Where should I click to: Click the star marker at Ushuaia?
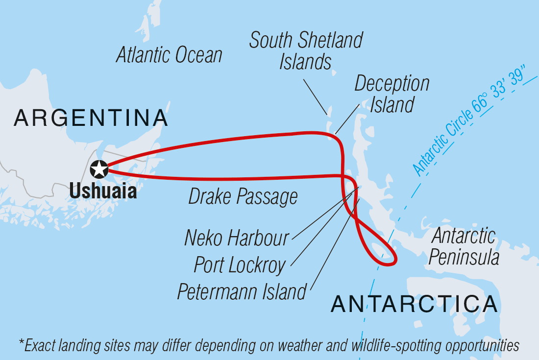99,169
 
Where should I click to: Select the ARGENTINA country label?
91,119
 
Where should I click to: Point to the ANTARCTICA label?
414,304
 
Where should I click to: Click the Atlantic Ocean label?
169,55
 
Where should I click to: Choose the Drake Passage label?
243,197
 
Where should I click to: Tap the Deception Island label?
392,94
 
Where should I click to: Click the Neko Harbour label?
237,238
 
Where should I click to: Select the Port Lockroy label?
240,265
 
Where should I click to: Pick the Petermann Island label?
242,292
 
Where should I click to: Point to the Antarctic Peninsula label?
464,247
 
